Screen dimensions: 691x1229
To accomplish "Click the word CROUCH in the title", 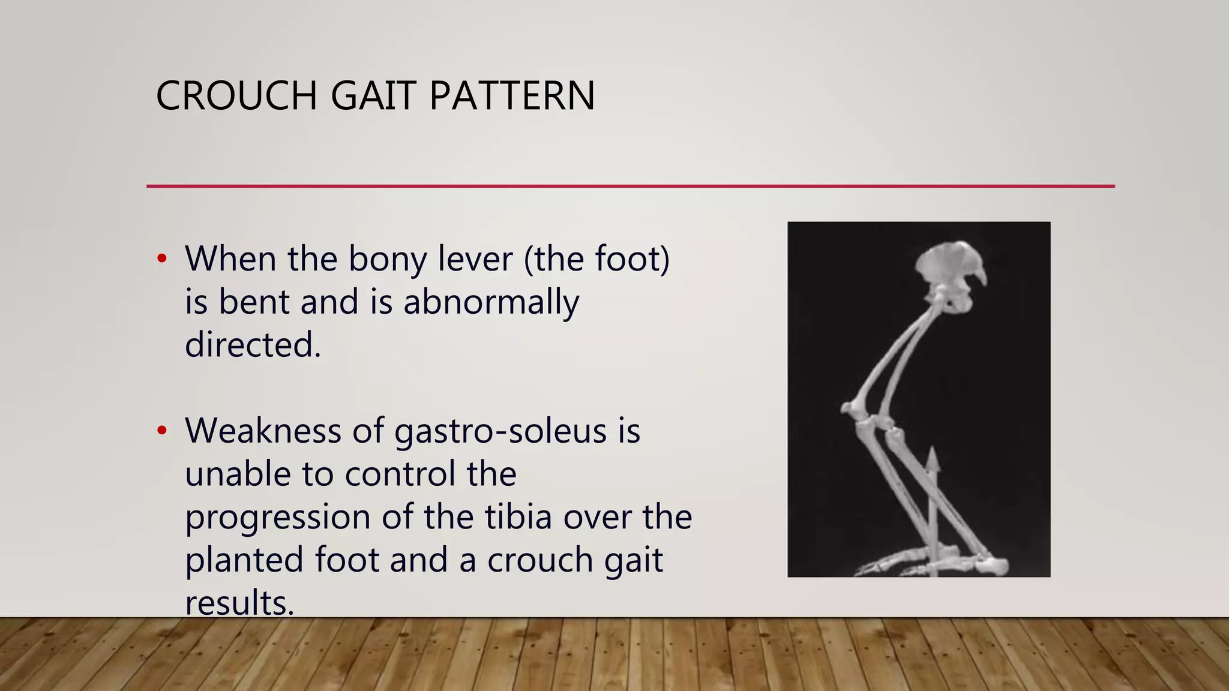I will pos(236,96).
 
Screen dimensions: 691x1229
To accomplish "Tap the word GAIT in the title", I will pos(373,96).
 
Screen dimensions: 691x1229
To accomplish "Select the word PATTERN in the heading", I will pos(512,96).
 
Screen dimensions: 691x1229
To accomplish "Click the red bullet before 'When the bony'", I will pos(161,259).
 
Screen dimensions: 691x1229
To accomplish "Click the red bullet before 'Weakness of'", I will pos(161,431).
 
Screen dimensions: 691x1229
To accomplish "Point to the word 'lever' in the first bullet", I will pos(475,259).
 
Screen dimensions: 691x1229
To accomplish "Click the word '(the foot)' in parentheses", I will pos(596,259).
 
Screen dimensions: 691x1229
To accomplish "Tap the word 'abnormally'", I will pos(491,302).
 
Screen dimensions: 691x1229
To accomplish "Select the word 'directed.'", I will pos(253,345).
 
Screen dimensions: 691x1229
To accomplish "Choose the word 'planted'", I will pos(244,560).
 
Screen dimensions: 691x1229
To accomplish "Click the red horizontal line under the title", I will pos(630,186).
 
